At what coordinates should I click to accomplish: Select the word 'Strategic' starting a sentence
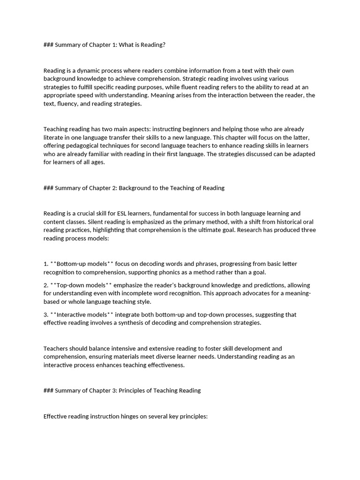tap(194, 79)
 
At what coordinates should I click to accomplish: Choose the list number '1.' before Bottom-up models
tap(46, 264)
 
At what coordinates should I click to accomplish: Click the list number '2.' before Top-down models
tap(46, 285)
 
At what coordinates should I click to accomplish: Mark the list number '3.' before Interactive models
tap(46, 315)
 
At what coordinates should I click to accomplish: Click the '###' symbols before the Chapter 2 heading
tap(48, 188)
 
